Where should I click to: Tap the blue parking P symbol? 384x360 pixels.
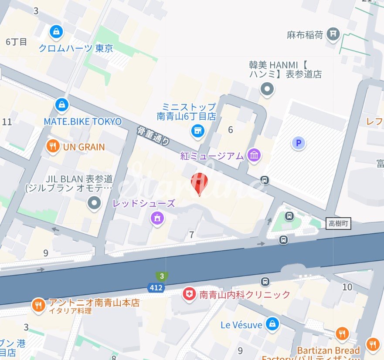299,143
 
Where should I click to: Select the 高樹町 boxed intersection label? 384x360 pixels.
338,224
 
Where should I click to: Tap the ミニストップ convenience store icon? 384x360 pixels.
198,130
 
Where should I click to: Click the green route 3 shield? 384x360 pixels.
162,276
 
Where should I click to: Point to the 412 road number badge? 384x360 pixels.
156,288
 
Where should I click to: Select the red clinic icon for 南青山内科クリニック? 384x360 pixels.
189,295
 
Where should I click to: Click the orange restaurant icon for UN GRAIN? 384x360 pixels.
53,147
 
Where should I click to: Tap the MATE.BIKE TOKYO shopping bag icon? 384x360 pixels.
62,104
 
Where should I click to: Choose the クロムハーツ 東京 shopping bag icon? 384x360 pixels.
56,31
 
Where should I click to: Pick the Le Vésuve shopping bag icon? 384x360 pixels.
272,324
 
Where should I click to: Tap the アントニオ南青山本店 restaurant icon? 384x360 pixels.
39,305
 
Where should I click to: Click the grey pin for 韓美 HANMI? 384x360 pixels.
266,90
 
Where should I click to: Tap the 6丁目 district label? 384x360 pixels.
17,42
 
